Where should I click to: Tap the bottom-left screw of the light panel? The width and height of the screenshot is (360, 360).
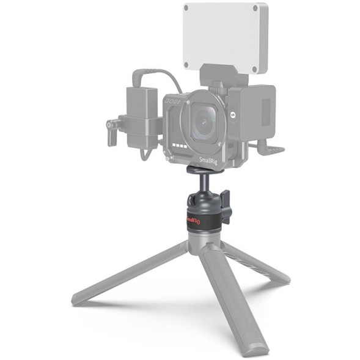[186, 64]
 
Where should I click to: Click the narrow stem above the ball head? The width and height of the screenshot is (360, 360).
[201, 181]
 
